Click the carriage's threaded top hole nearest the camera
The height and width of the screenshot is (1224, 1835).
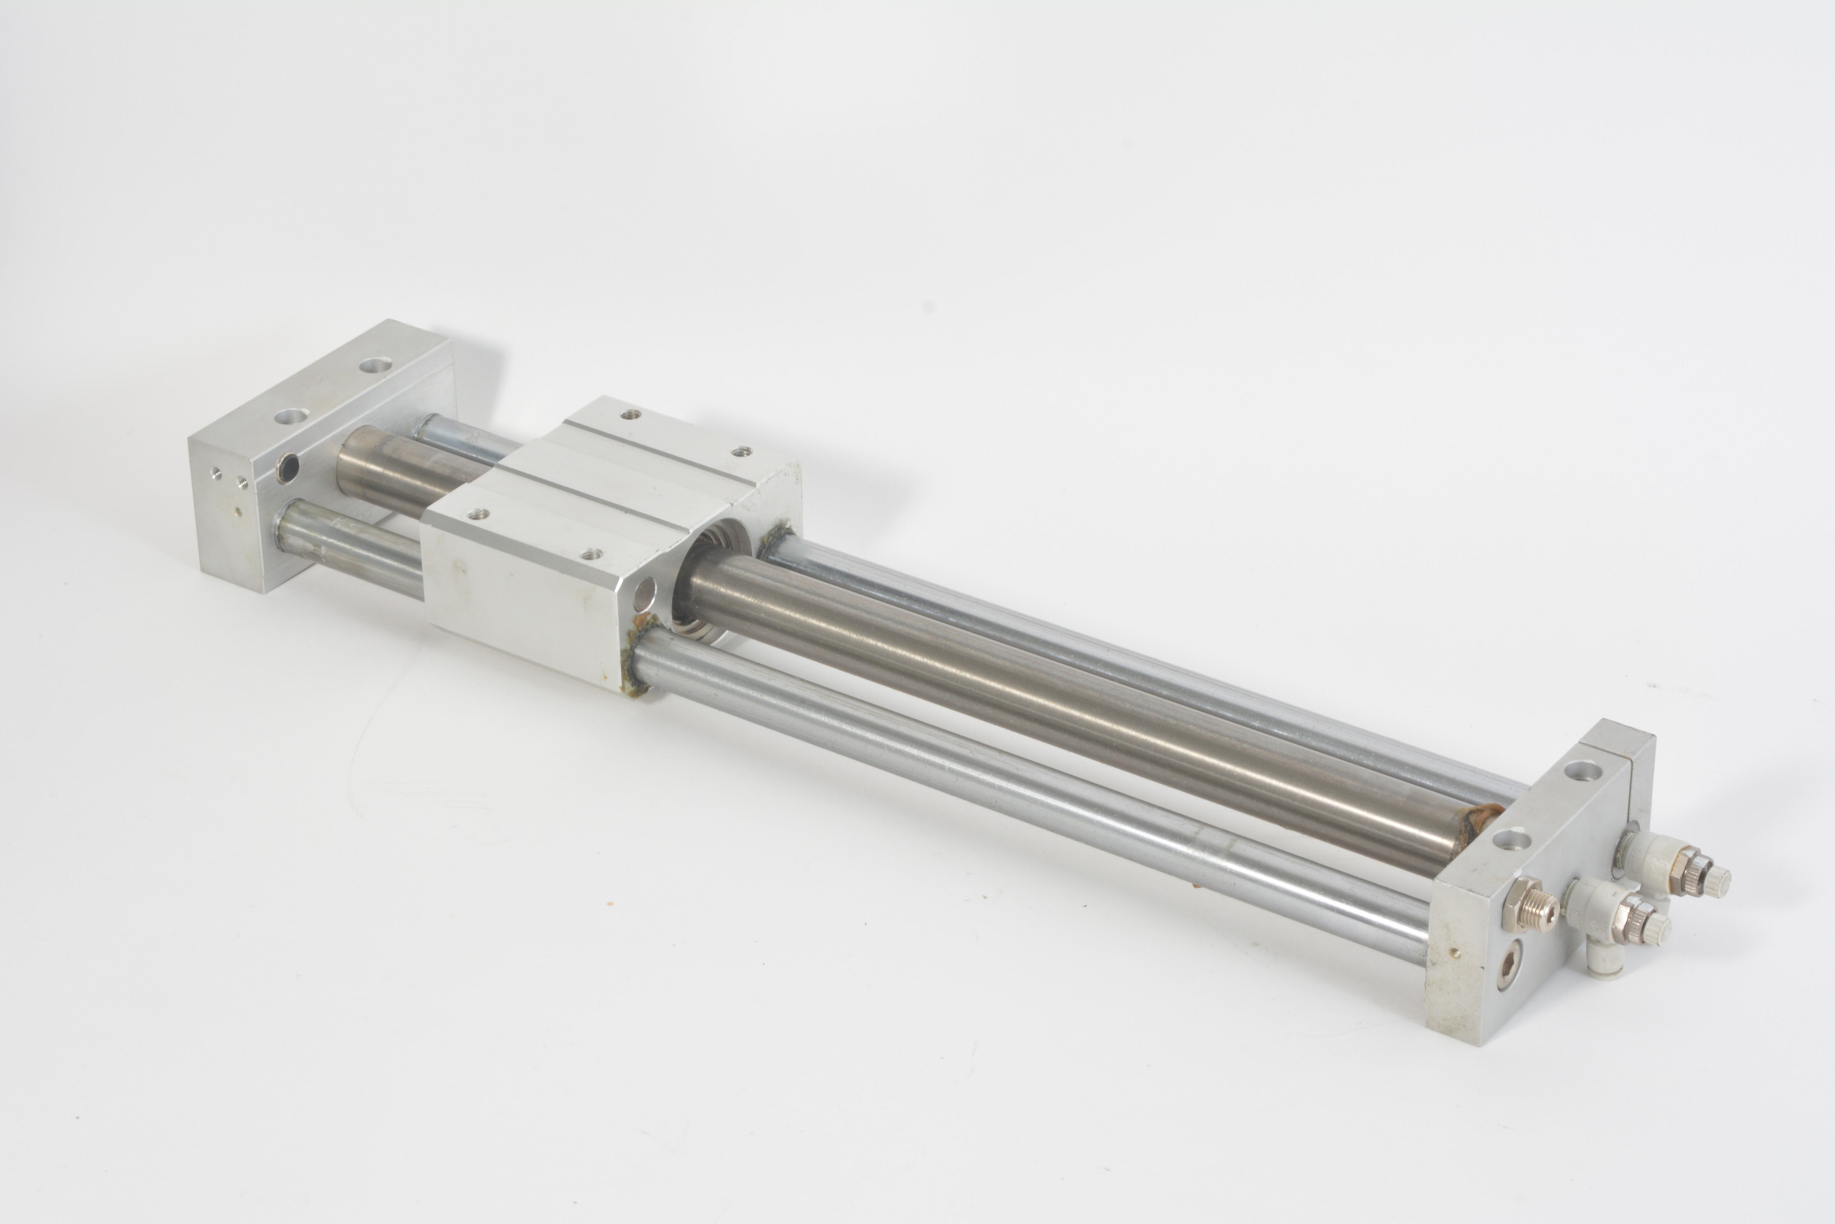tap(591, 554)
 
